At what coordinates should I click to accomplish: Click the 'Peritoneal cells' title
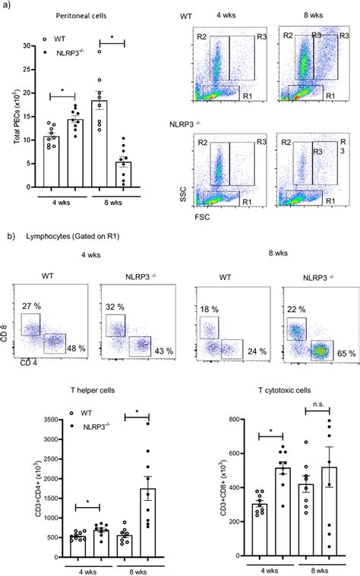tap(75, 14)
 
